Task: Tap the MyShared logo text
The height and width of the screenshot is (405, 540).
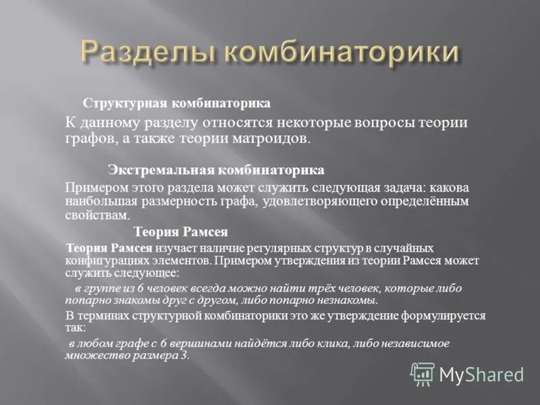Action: [481, 374]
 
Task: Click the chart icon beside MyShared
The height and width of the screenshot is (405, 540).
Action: [423, 373]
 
